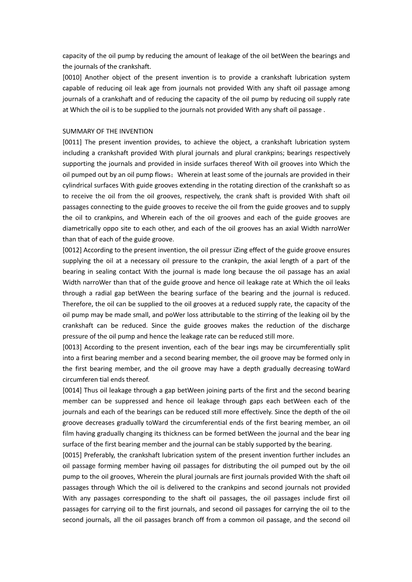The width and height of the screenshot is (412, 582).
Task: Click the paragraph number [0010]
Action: click(72, 77)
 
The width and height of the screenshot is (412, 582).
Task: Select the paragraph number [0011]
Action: click(72, 142)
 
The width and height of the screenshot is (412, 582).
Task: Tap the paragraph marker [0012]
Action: click(72, 250)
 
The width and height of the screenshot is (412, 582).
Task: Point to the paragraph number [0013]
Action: click(72, 347)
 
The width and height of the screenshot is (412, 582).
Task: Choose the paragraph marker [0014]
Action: click(72, 390)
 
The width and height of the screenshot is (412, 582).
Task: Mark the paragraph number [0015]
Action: click(72, 455)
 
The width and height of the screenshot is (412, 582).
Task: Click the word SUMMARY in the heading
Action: click(77, 131)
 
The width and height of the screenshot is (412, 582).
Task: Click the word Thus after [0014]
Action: click(91, 390)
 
